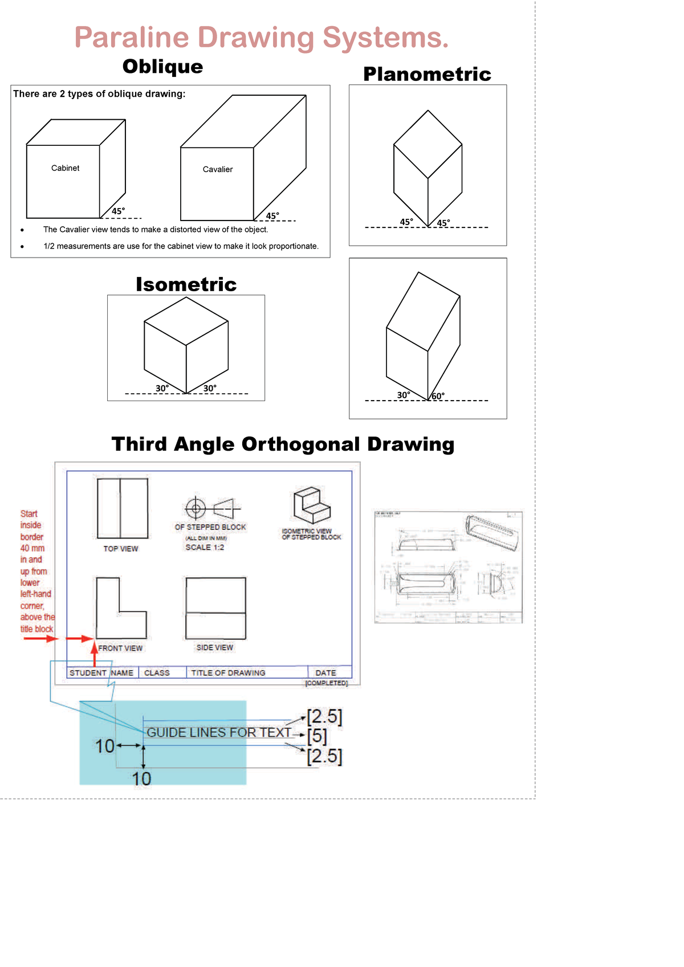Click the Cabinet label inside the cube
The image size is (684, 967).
coord(65,168)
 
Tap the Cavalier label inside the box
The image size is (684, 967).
coord(218,169)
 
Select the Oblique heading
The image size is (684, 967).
coord(162,67)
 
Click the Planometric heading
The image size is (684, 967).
coord(427,74)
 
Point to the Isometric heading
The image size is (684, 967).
coord(186,284)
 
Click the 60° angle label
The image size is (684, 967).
coord(438,396)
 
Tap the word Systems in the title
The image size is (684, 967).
coord(385,38)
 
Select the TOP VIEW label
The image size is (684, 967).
coord(121,549)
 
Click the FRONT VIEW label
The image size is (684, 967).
coord(120,648)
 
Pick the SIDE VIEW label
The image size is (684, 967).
coord(215,648)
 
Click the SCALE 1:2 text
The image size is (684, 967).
coord(205,548)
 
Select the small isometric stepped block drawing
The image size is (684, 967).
coord(311,505)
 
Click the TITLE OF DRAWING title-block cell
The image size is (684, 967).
coord(228,673)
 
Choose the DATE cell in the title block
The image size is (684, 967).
coord(325,673)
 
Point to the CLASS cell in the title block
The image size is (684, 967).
coord(157,673)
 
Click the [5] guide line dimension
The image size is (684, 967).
coord(317,736)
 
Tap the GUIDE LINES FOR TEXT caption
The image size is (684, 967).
coord(219,733)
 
